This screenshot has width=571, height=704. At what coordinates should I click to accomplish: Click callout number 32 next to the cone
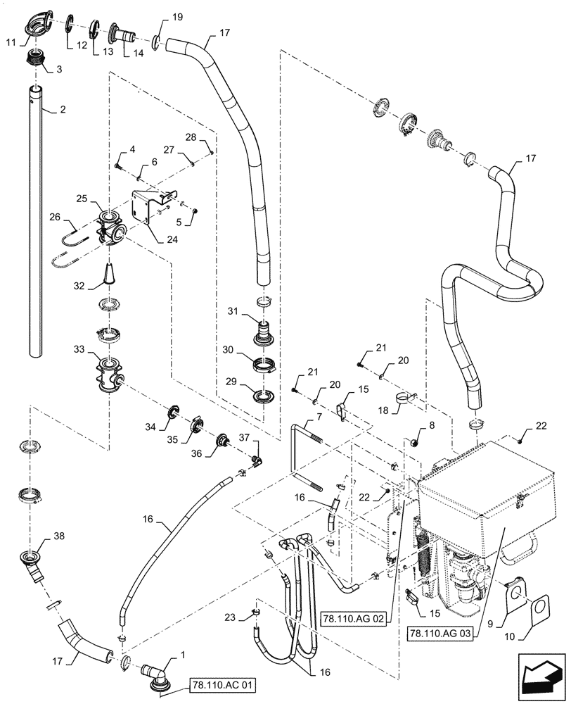point(79,286)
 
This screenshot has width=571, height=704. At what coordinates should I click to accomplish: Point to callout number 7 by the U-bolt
point(319,417)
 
